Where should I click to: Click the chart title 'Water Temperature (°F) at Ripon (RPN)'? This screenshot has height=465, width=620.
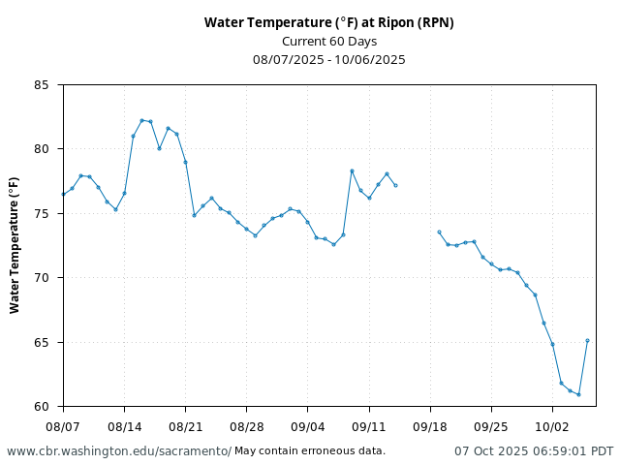point(328,22)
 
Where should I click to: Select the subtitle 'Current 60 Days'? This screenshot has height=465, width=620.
point(328,41)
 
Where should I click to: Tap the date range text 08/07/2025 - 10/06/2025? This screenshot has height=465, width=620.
point(328,59)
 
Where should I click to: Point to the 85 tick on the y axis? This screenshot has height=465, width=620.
point(42,85)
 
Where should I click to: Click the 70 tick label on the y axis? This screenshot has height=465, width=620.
point(42,278)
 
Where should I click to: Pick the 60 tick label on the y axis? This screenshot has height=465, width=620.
point(42,407)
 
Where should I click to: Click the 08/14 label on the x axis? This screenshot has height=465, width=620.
point(124,426)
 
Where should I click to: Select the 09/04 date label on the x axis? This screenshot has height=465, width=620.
point(307,426)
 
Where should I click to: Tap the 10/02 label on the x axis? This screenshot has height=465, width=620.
point(552,426)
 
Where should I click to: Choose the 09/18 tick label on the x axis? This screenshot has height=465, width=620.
point(430,426)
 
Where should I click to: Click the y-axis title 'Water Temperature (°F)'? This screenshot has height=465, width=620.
point(15,245)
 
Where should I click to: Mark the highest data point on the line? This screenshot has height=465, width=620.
point(141,120)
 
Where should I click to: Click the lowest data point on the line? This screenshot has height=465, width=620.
point(578,394)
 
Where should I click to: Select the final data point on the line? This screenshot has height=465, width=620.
point(587,341)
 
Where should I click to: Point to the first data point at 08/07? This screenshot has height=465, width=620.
point(63,195)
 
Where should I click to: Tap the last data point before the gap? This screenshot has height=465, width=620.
point(395,185)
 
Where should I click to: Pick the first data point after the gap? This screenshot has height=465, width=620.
point(439,232)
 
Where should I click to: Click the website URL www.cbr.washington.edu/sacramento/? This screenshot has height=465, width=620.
point(119,451)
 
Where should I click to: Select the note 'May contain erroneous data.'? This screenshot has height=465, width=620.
point(310,451)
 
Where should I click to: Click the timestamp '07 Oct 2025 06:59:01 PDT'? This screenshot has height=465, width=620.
point(534,451)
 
